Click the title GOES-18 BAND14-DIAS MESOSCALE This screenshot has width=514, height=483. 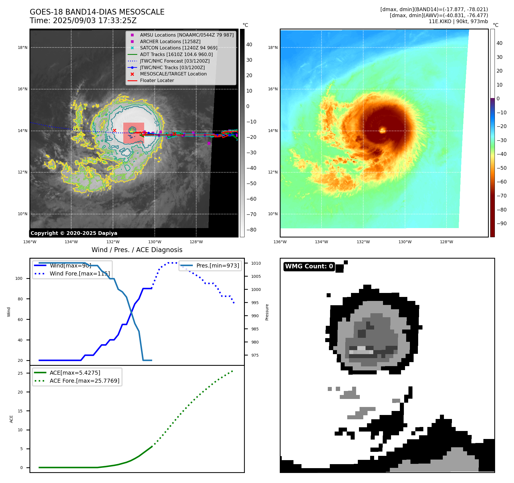click(x=97, y=12)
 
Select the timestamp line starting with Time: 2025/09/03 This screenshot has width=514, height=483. click(x=83, y=21)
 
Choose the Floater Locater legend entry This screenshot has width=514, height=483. click(x=157, y=81)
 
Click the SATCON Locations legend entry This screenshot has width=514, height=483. click(x=178, y=48)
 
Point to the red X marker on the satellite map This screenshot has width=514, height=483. click(x=114, y=131)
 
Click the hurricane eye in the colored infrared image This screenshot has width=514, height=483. click(x=382, y=131)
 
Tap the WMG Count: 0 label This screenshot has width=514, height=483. click(x=309, y=266)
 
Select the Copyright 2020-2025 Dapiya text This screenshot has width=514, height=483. click(x=74, y=233)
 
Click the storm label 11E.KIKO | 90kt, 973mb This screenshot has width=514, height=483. click(x=458, y=21)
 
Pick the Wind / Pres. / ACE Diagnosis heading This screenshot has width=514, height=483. click(x=137, y=250)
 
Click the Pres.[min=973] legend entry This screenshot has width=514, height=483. click(x=217, y=266)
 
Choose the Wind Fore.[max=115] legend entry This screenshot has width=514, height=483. click(x=80, y=274)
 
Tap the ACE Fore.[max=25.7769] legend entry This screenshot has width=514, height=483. click(x=84, y=381)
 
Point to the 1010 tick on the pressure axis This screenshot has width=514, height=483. click(x=256, y=263)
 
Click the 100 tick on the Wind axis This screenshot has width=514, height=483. click(x=19, y=278)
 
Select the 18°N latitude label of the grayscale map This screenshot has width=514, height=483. click(x=23, y=47)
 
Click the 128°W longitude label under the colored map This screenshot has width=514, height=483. click(x=446, y=242)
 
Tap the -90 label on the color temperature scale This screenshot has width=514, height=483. click(x=501, y=223)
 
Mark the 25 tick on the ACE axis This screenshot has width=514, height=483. click(x=20, y=373)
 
